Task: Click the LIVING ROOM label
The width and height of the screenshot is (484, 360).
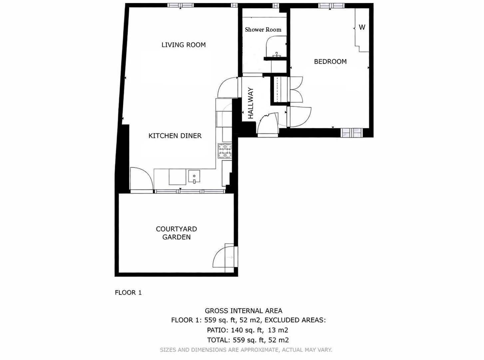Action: point(184,45)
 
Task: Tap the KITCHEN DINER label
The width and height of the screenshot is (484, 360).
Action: point(175,136)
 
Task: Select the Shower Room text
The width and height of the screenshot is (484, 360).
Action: point(263,30)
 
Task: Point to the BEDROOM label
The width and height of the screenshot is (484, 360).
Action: point(330,61)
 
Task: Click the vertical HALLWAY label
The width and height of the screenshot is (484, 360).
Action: point(251,103)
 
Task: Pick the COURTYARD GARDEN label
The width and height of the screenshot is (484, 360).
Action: point(176,233)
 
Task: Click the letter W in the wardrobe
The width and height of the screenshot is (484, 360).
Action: point(362,27)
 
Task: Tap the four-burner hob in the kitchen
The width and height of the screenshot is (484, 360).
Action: point(225,151)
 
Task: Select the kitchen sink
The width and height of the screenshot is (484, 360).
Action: point(194,177)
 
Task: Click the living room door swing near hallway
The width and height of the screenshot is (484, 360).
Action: point(227,87)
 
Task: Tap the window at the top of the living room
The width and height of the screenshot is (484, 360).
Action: point(180,5)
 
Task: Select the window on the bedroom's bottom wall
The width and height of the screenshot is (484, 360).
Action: point(352,133)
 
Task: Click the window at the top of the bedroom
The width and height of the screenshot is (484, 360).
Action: point(331,6)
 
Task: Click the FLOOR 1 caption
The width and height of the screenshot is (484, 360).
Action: point(128,293)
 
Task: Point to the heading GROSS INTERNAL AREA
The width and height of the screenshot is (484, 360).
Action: point(243,311)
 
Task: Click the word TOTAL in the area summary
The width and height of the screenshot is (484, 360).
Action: point(218,340)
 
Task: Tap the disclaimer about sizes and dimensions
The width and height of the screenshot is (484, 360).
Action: point(246,350)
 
